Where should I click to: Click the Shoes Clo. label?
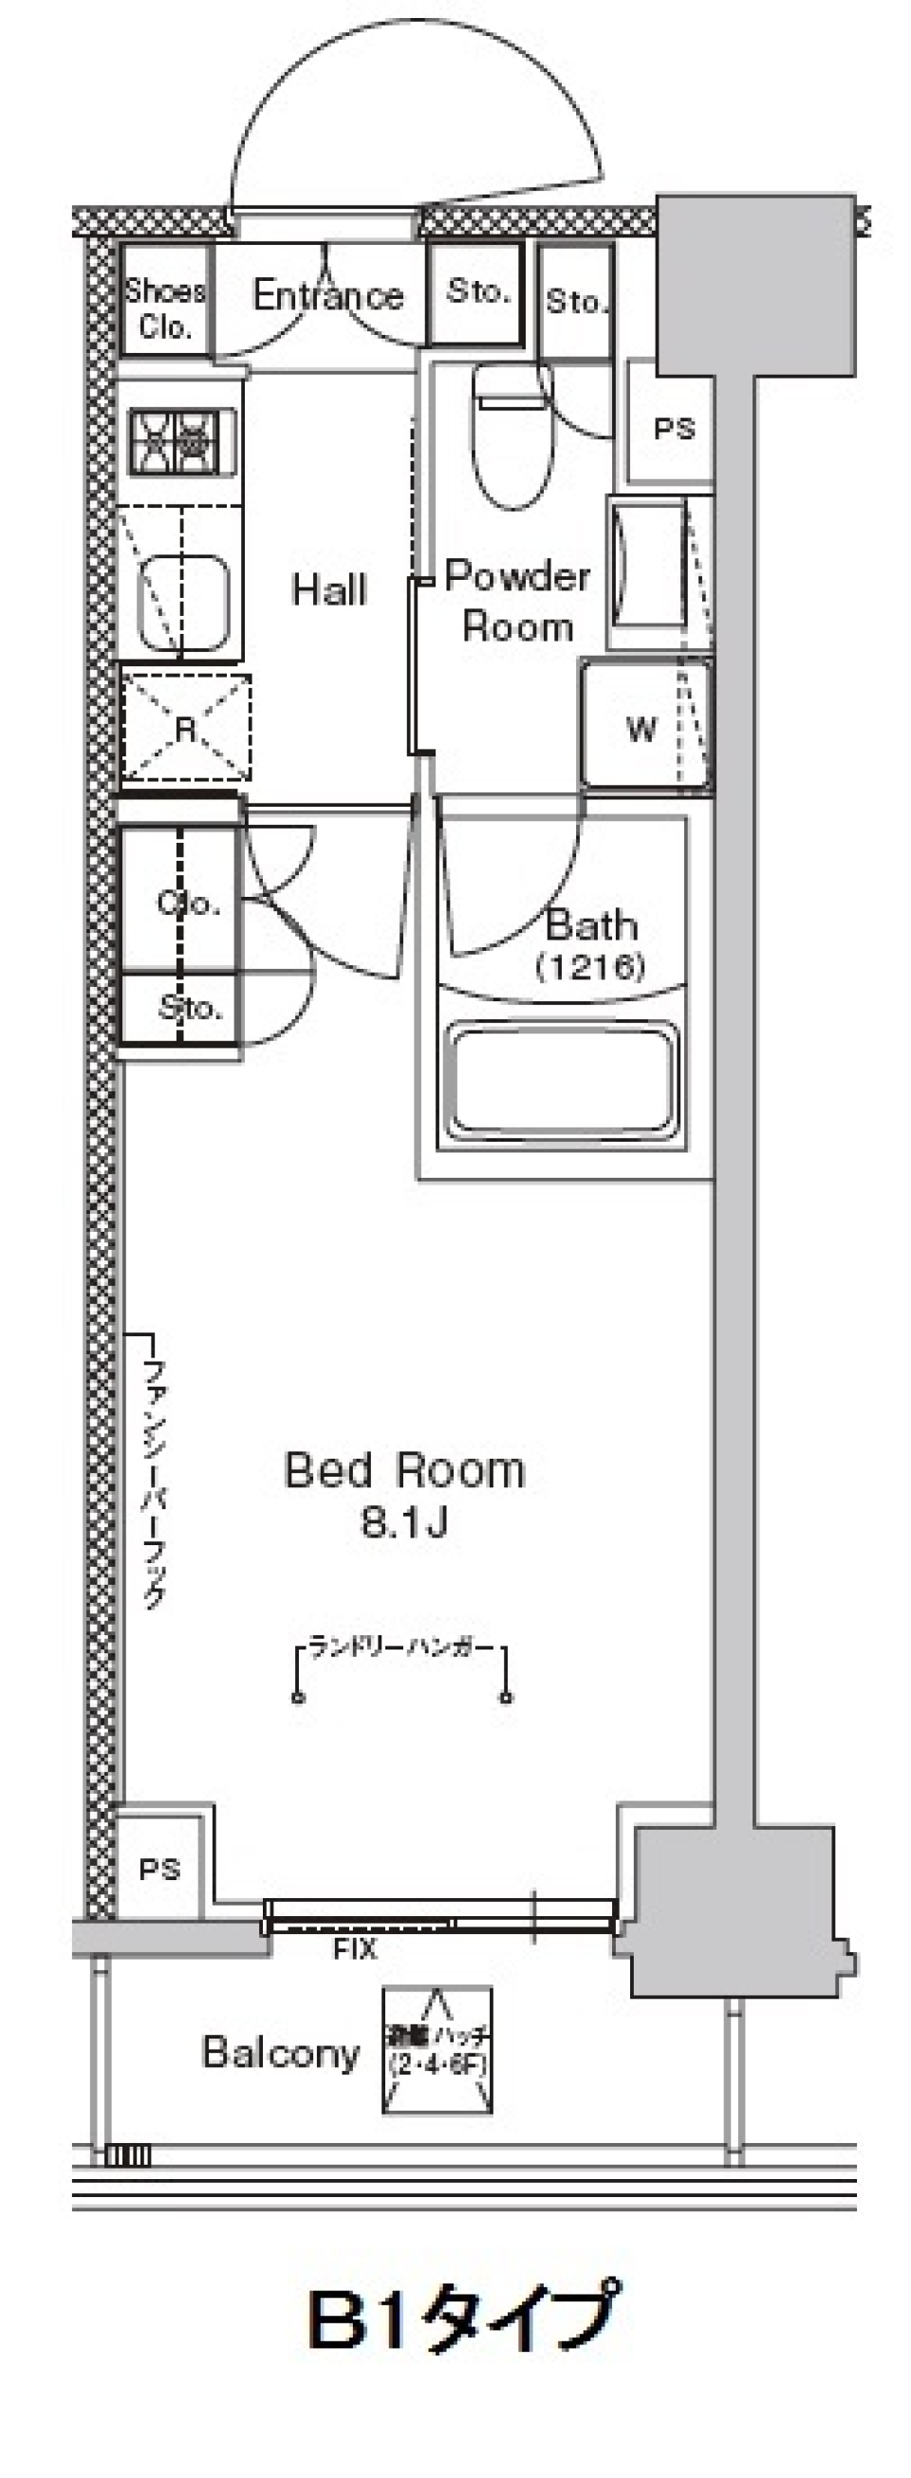point(165,309)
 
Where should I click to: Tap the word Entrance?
point(328,295)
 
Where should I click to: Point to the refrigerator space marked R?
point(186,727)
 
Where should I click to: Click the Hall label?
point(330,589)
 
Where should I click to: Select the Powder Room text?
point(517,601)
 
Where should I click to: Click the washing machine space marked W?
point(641,728)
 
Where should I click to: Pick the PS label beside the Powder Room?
point(674,428)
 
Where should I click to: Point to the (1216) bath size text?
point(589,965)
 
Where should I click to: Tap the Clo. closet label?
point(189,902)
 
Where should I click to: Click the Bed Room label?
point(404,1471)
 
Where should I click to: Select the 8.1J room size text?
point(404,1523)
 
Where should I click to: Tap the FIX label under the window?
point(355,1949)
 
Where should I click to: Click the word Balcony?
point(281,2053)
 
